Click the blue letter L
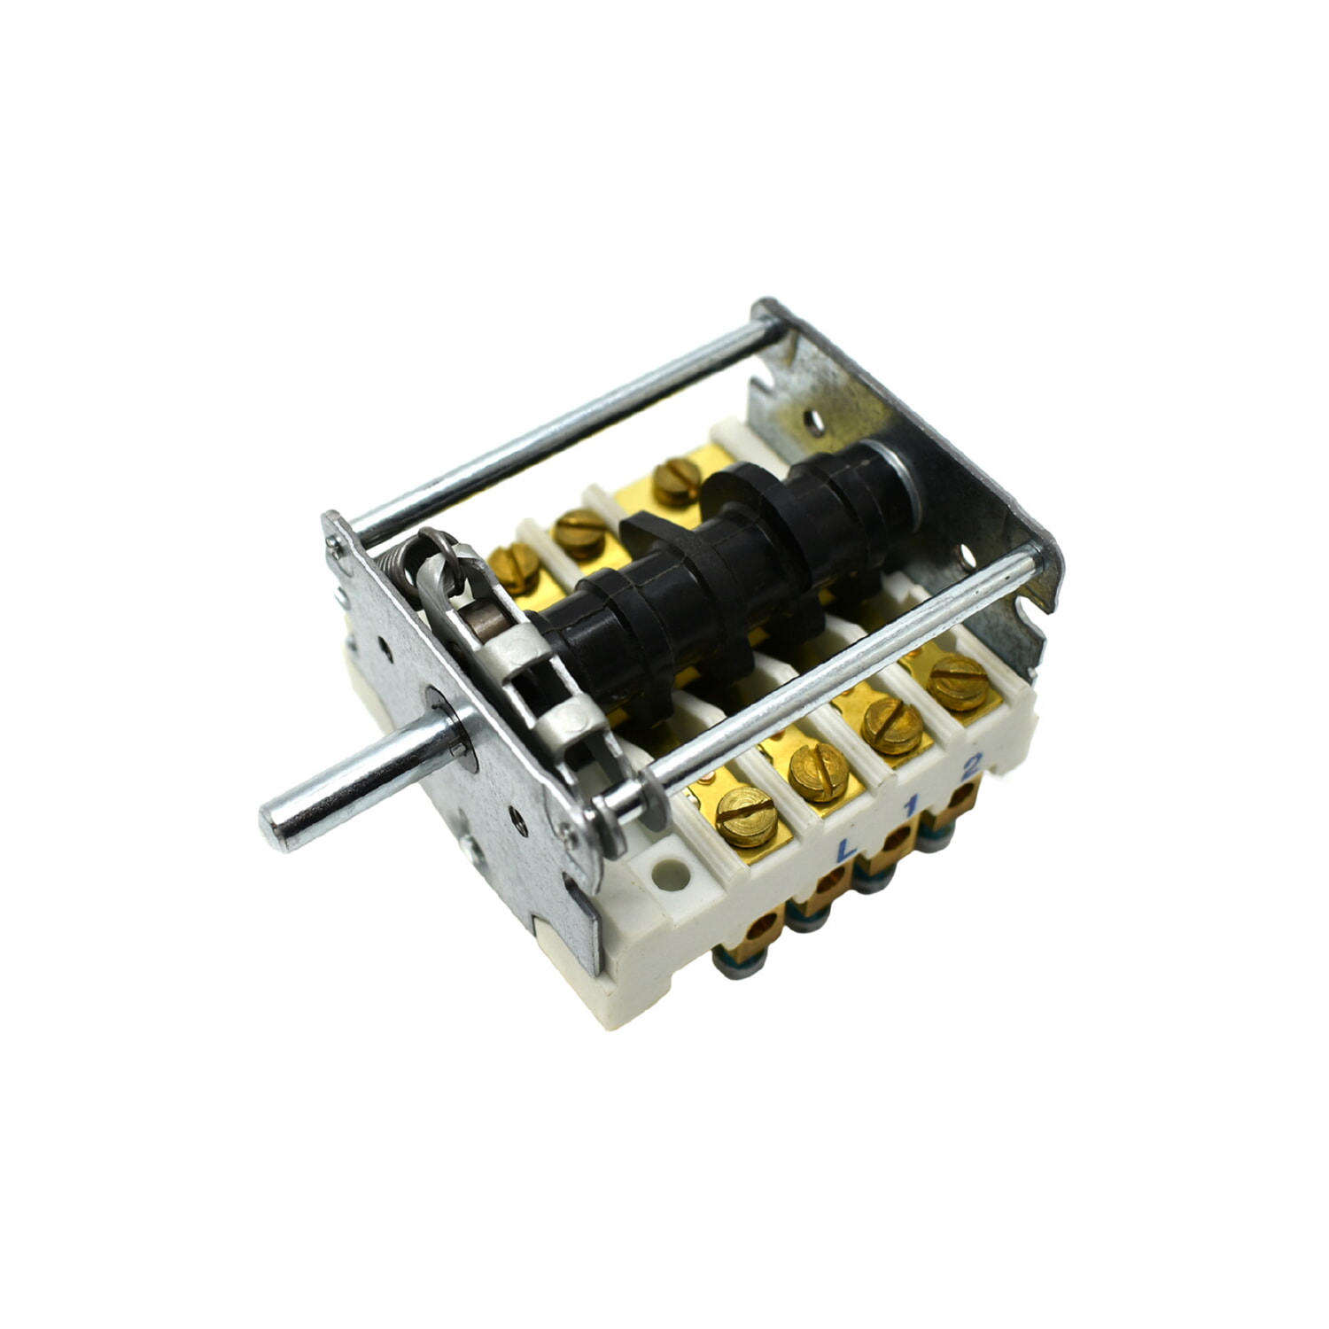point(846,848)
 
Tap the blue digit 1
point(909,806)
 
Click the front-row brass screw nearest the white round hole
point(745,815)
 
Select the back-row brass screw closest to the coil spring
point(514,567)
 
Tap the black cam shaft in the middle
point(709,567)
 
